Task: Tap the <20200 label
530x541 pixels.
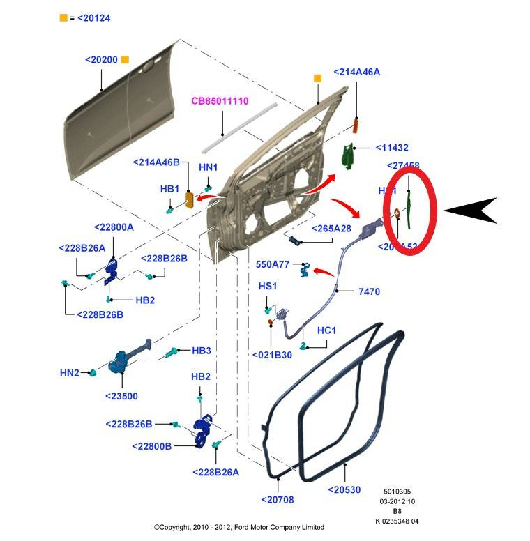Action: [101, 60]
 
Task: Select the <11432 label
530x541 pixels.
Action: [391, 148]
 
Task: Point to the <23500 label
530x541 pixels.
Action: [121, 396]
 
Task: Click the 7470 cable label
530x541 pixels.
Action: [369, 291]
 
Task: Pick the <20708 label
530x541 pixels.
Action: [280, 498]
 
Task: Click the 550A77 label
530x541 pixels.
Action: [272, 264]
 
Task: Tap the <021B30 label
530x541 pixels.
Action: [272, 354]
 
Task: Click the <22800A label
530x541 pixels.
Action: [113, 227]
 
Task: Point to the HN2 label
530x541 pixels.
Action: [70, 374]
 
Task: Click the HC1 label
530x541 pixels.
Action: [327, 330]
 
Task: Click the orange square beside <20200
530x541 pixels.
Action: [125, 60]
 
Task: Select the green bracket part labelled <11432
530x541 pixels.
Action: [348, 157]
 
